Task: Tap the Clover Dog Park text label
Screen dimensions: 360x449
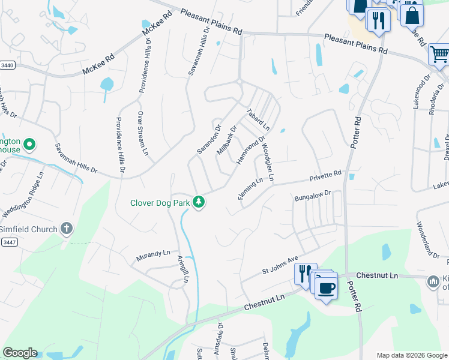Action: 160,203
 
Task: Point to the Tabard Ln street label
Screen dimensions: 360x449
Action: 258,120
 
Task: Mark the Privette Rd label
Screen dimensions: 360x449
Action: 325,175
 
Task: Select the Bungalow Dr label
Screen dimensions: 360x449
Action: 313,196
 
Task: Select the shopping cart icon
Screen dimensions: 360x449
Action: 439,55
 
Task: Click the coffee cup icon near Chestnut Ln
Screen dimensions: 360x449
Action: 326,288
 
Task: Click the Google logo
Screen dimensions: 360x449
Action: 20,353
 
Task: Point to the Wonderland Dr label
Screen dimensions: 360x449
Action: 427,239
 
